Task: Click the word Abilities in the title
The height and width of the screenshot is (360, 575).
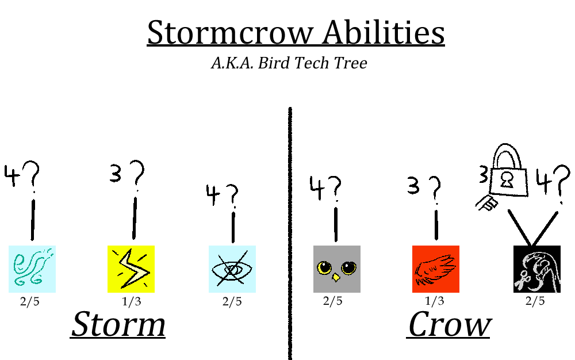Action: coord(384,32)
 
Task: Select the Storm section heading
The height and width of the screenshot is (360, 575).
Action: coord(118,324)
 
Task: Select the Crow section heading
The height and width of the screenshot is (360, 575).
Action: coord(449,324)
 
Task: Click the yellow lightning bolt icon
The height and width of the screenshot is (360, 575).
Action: coord(131,269)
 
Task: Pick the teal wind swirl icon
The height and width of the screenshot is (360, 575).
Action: coord(32,269)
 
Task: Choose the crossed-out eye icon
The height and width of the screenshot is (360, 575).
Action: coord(232,269)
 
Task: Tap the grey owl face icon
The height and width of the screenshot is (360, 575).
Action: coord(336,269)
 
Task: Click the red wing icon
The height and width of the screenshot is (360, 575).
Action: coord(436,269)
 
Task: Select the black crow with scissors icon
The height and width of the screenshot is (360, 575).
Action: coord(537,269)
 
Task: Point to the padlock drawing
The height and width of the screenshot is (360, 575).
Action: coord(509,171)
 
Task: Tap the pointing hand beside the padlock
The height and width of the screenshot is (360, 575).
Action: coord(486,203)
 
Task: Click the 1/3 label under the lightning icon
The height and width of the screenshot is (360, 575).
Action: coord(131,301)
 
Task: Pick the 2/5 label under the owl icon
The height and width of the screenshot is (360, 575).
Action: coord(332,301)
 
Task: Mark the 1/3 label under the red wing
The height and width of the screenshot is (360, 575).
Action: coord(434,301)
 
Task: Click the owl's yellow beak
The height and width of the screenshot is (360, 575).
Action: coord(336,277)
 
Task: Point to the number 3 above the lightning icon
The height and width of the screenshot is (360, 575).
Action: coord(116,174)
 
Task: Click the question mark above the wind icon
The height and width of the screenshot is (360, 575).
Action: coord(32,177)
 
